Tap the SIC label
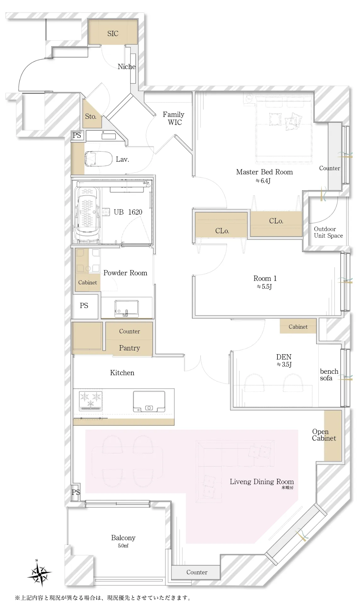point(113,34)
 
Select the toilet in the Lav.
point(98,159)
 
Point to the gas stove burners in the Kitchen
point(91,400)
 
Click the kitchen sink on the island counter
point(149,401)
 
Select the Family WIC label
point(174,119)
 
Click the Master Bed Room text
point(264,172)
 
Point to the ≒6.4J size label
point(263,181)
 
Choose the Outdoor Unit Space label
point(328,232)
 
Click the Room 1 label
point(265,278)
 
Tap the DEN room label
point(284,357)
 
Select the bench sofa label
point(329,375)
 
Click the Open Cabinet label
point(324,435)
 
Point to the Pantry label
point(129,348)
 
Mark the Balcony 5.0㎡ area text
point(123,541)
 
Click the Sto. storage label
point(90,116)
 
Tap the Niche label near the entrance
point(127,66)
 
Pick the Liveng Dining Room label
point(262,482)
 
